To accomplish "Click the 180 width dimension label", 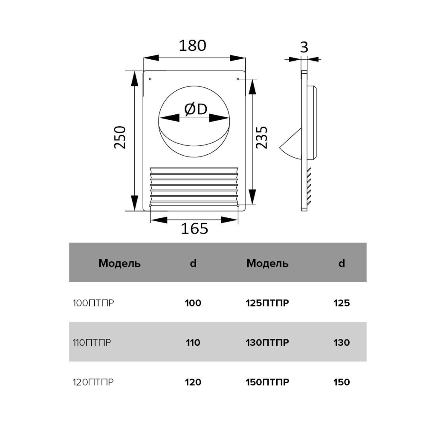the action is pyautogui.click(x=192, y=46).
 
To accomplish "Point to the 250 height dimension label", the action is pyautogui.click(x=120, y=137).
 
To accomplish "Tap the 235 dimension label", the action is pyautogui.click(x=261, y=137).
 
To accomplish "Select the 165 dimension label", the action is pyautogui.click(x=194, y=229).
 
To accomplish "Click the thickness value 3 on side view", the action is pyautogui.click(x=304, y=47).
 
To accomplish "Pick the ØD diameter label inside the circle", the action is pyautogui.click(x=196, y=109).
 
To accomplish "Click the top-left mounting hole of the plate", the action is pyautogui.click(x=150, y=79).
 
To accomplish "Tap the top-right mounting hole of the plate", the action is pyautogui.click(x=238, y=79).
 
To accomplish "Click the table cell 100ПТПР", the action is pyautogui.click(x=93, y=303).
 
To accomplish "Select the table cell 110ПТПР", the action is pyautogui.click(x=92, y=342).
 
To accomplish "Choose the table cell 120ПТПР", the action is pyautogui.click(x=93, y=382).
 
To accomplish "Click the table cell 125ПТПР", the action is pyautogui.click(x=267, y=303).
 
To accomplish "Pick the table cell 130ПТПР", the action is pyautogui.click(x=267, y=342).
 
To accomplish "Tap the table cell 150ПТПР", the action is pyautogui.click(x=267, y=382).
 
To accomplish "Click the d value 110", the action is pyautogui.click(x=193, y=342).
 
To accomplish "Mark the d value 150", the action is pyautogui.click(x=341, y=382).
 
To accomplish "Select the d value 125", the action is pyautogui.click(x=341, y=303).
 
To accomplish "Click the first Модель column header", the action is pyautogui.click(x=119, y=263).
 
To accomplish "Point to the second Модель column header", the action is pyautogui.click(x=267, y=263).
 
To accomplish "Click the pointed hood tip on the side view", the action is pyautogui.click(x=280, y=148).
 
